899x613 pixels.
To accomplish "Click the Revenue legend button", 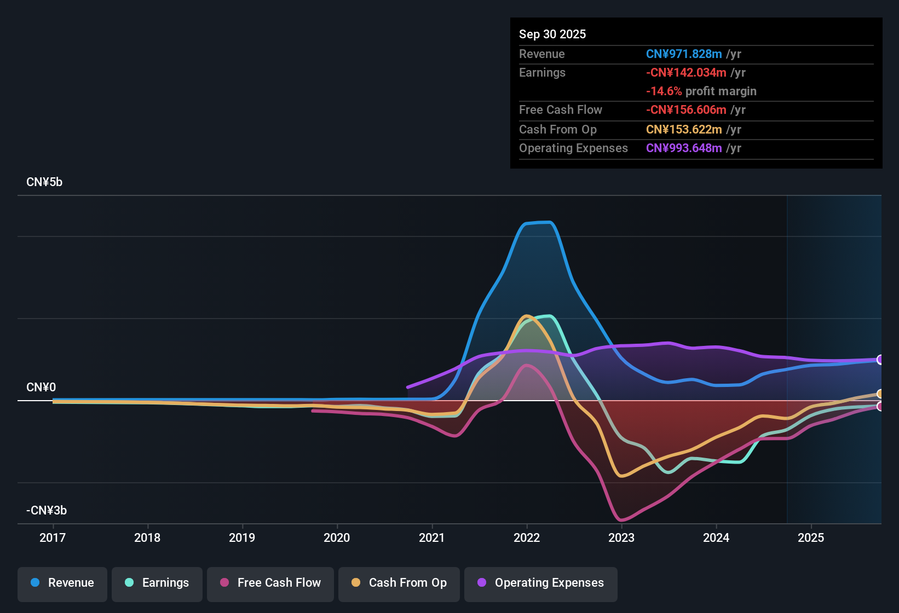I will [62, 583].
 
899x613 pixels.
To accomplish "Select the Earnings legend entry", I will [157, 583].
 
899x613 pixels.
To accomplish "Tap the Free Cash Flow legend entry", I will [270, 583].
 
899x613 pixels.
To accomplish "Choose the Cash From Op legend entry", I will [399, 583].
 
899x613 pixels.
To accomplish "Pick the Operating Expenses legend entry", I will [541, 583].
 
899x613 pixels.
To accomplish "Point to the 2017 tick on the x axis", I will [53, 538].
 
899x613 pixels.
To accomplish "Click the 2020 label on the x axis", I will [337, 538].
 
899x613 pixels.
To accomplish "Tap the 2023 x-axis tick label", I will [621, 538].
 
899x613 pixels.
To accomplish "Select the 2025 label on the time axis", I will [811, 538].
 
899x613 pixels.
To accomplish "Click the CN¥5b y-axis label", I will [44, 182].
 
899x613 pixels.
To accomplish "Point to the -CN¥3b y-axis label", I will [47, 511].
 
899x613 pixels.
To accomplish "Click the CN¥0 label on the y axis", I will [41, 388].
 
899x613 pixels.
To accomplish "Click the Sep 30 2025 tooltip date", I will [552, 34].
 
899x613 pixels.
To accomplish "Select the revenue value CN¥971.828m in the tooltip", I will [684, 54].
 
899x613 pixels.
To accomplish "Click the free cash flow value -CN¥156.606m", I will [686, 110].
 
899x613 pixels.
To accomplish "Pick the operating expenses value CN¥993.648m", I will [684, 148].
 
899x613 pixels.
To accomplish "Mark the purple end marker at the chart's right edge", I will [880, 360].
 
